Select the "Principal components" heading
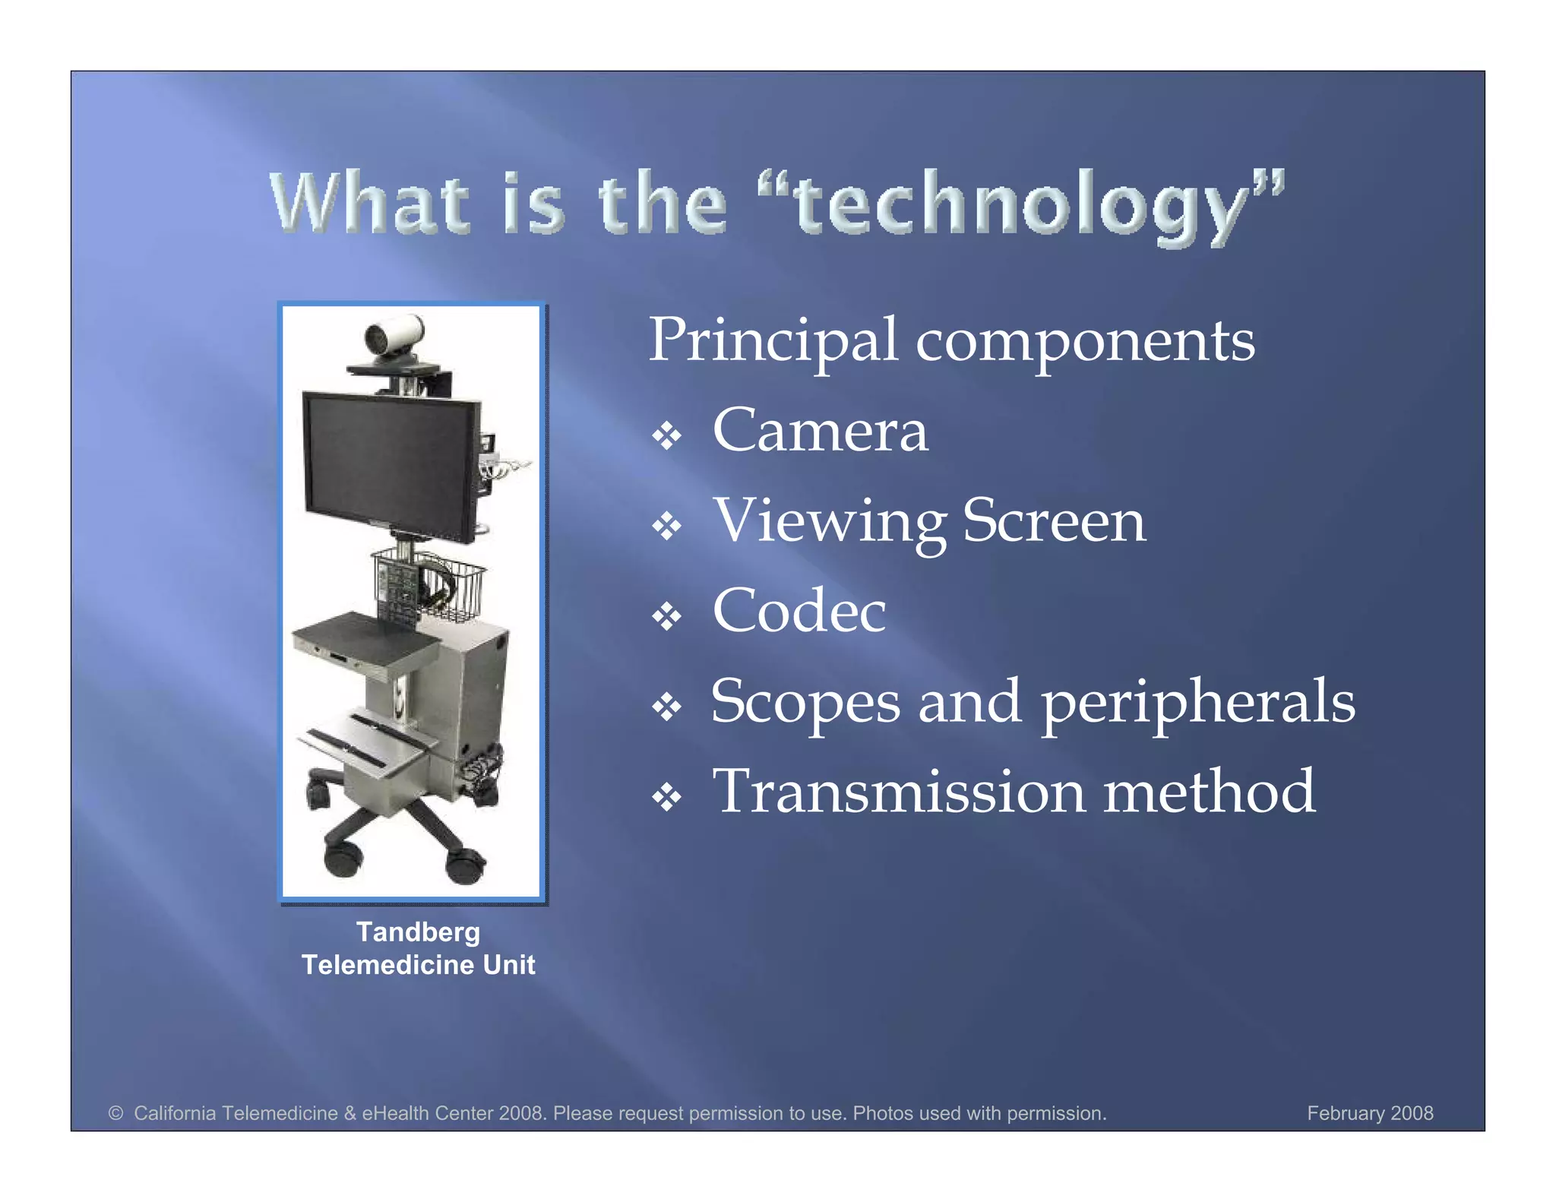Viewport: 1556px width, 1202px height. [x=951, y=340]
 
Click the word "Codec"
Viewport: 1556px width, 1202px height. [x=799, y=611]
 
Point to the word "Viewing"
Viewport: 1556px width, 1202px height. [x=829, y=522]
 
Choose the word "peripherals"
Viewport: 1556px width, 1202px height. [x=1197, y=702]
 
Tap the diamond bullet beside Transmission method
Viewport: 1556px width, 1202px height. [x=666, y=797]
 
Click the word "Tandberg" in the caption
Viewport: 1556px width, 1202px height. [x=418, y=932]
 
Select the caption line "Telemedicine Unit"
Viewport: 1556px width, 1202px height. [x=418, y=965]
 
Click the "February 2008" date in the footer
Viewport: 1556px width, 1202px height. [x=1369, y=1113]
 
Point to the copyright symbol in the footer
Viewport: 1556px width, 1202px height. [x=115, y=1113]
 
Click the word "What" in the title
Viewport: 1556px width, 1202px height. [x=369, y=204]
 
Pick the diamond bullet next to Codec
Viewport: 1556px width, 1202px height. [x=666, y=616]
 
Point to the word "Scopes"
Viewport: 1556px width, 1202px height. [x=805, y=702]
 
